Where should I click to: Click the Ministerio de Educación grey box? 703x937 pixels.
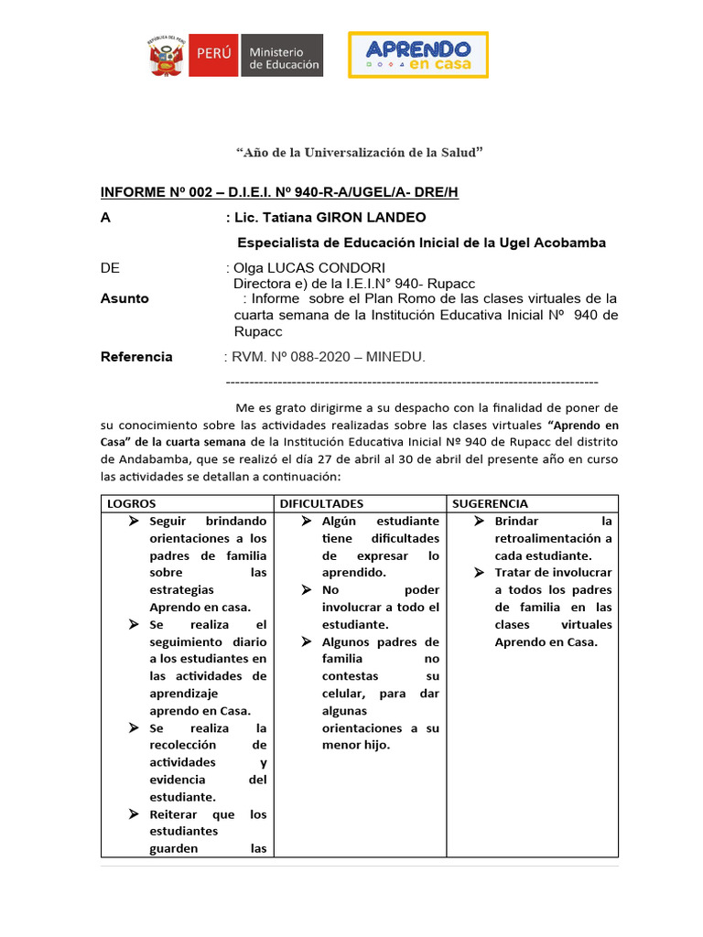click(x=283, y=57)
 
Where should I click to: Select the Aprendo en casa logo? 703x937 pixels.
click(x=417, y=55)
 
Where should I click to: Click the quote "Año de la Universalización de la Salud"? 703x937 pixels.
click(x=359, y=152)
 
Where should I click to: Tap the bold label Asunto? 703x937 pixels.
click(x=124, y=298)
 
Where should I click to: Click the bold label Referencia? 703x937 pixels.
click(x=136, y=357)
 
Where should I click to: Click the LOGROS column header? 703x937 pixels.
click(x=132, y=503)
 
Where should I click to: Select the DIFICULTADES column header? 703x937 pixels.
click(x=321, y=503)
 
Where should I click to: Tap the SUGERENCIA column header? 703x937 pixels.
click(x=491, y=503)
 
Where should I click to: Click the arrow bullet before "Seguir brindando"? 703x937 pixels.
click(x=134, y=521)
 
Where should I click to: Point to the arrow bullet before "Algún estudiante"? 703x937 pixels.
click(x=306, y=521)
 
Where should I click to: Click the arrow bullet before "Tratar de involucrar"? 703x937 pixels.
click(x=478, y=573)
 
